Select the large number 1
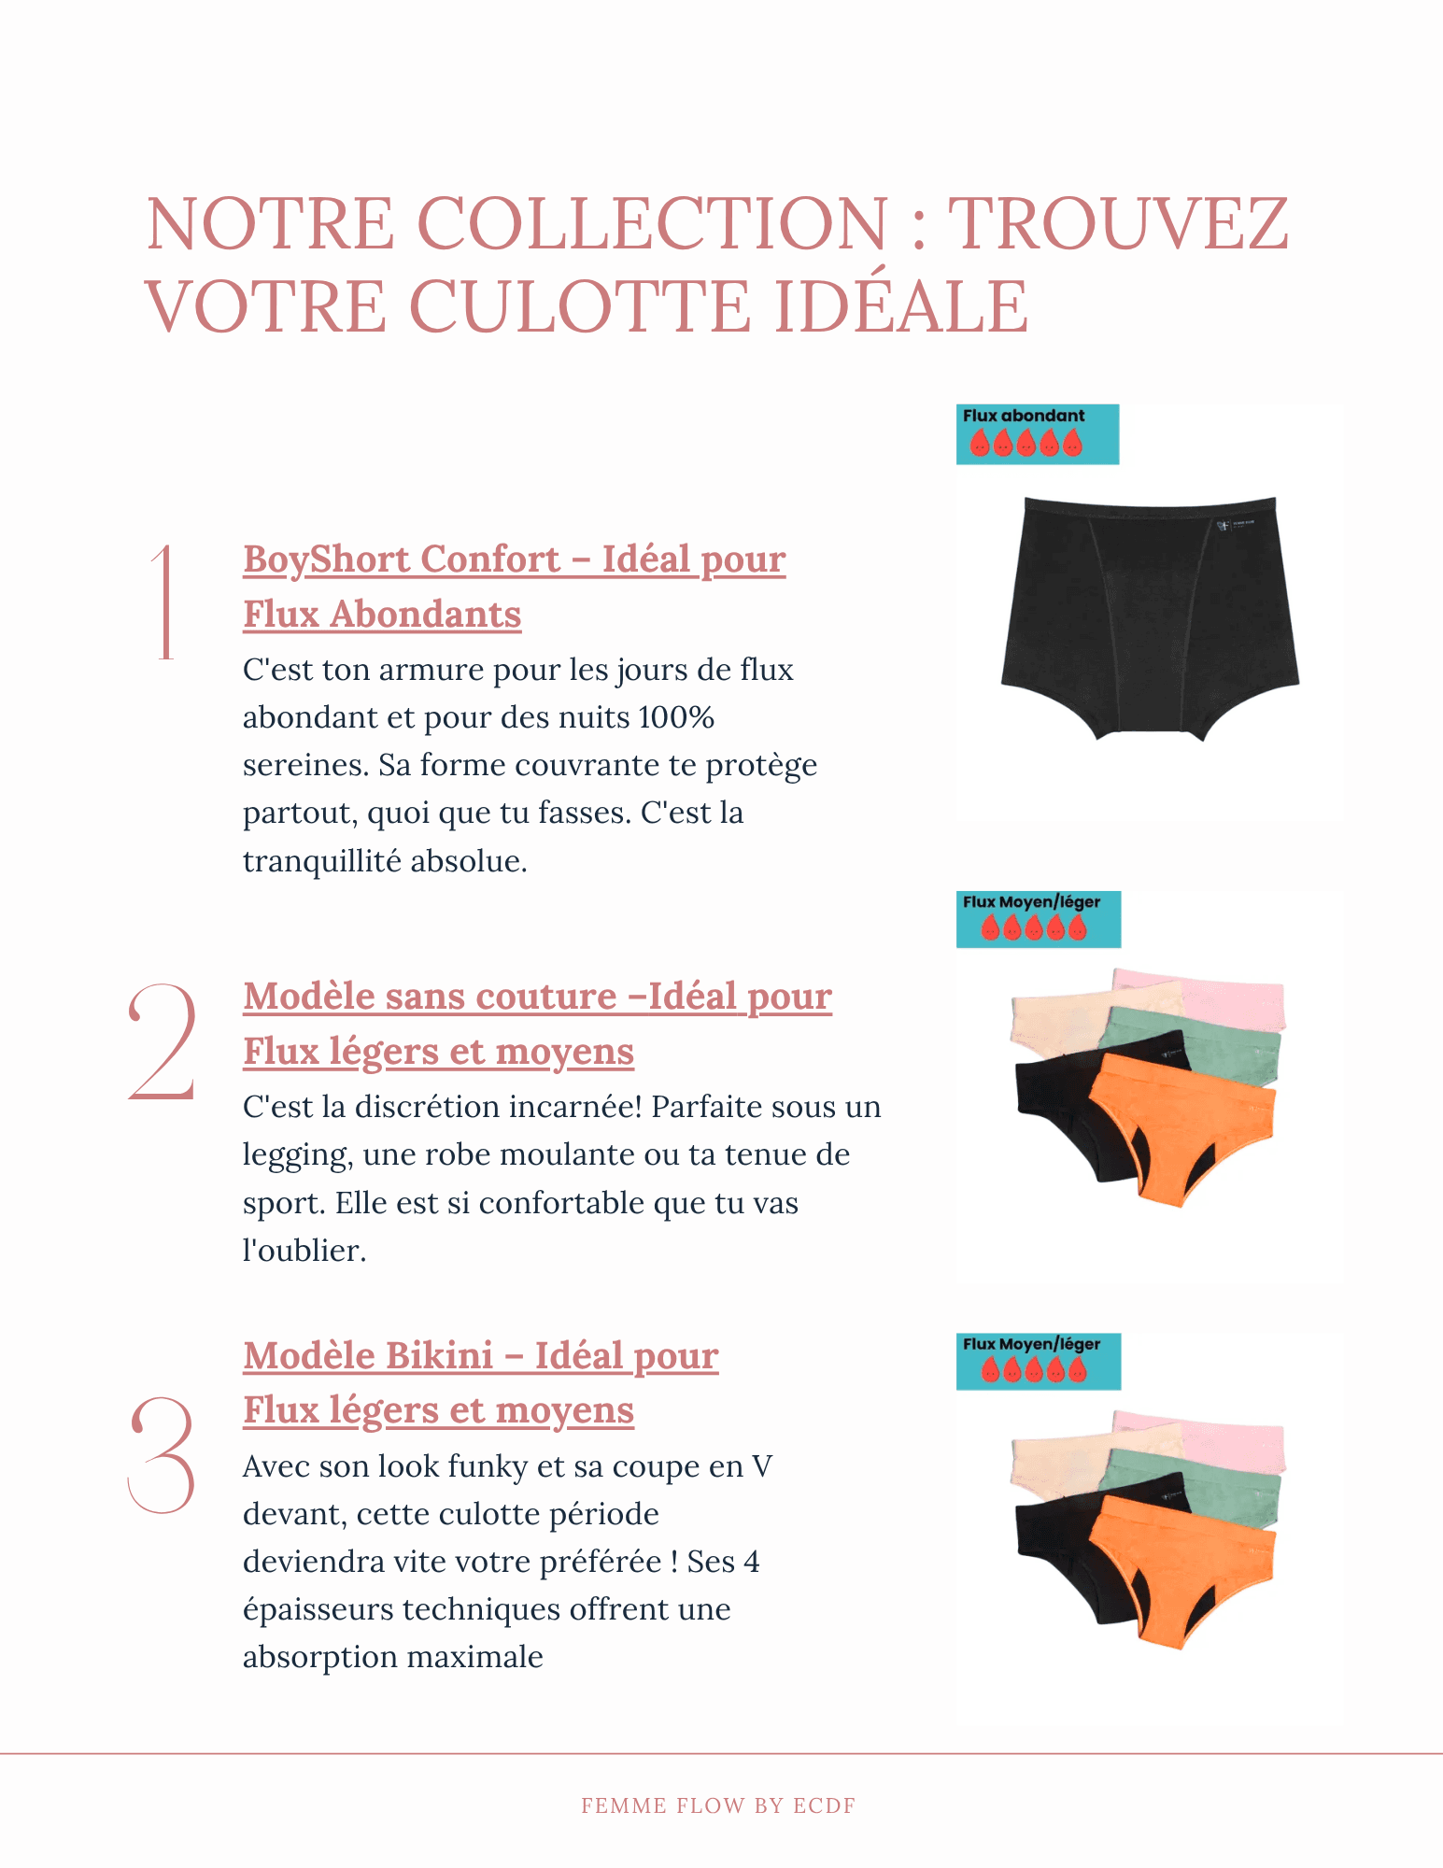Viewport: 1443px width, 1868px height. (x=165, y=602)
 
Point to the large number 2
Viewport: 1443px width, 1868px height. (x=163, y=1041)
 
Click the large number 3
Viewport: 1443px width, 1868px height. (x=162, y=1454)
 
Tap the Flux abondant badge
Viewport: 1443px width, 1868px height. (x=1037, y=433)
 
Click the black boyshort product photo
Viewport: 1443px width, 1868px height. (x=1150, y=616)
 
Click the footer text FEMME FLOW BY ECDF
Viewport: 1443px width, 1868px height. (x=718, y=1805)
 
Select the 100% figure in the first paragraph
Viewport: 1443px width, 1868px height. (x=676, y=717)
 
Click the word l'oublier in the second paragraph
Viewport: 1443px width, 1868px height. (x=304, y=1251)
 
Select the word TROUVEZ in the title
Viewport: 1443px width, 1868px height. (x=1118, y=224)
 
